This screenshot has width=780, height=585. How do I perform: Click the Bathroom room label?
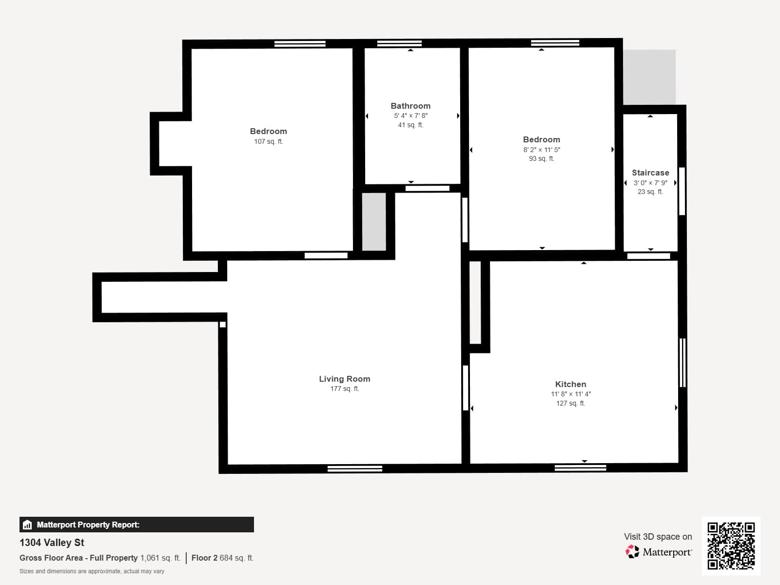[410, 106]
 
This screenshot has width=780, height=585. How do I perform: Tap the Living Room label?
[344, 379]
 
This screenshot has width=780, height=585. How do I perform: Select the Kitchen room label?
[571, 384]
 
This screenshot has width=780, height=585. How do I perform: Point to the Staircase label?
[650, 173]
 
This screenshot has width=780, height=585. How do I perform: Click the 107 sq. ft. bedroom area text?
[268, 141]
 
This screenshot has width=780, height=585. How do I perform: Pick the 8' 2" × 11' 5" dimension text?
[542, 150]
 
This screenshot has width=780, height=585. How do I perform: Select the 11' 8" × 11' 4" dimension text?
[571, 394]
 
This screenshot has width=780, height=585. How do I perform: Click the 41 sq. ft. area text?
[410, 125]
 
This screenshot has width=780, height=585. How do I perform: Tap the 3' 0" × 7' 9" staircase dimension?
[650, 183]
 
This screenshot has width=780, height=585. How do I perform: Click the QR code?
[731, 546]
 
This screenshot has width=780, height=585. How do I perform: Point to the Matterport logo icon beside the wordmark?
[632, 552]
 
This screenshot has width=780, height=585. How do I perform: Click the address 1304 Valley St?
[52, 543]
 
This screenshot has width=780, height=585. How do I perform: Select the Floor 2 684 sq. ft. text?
[222, 558]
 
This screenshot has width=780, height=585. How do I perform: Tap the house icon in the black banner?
[27, 525]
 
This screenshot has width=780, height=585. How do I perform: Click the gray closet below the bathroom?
[374, 222]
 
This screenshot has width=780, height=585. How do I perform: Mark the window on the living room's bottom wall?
[354, 469]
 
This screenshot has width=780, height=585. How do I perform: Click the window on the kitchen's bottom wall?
[580, 468]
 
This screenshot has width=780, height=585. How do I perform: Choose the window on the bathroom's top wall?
[399, 43]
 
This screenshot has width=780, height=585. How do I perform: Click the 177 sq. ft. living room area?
[344, 389]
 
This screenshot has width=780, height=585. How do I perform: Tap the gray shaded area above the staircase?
[649, 77]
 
